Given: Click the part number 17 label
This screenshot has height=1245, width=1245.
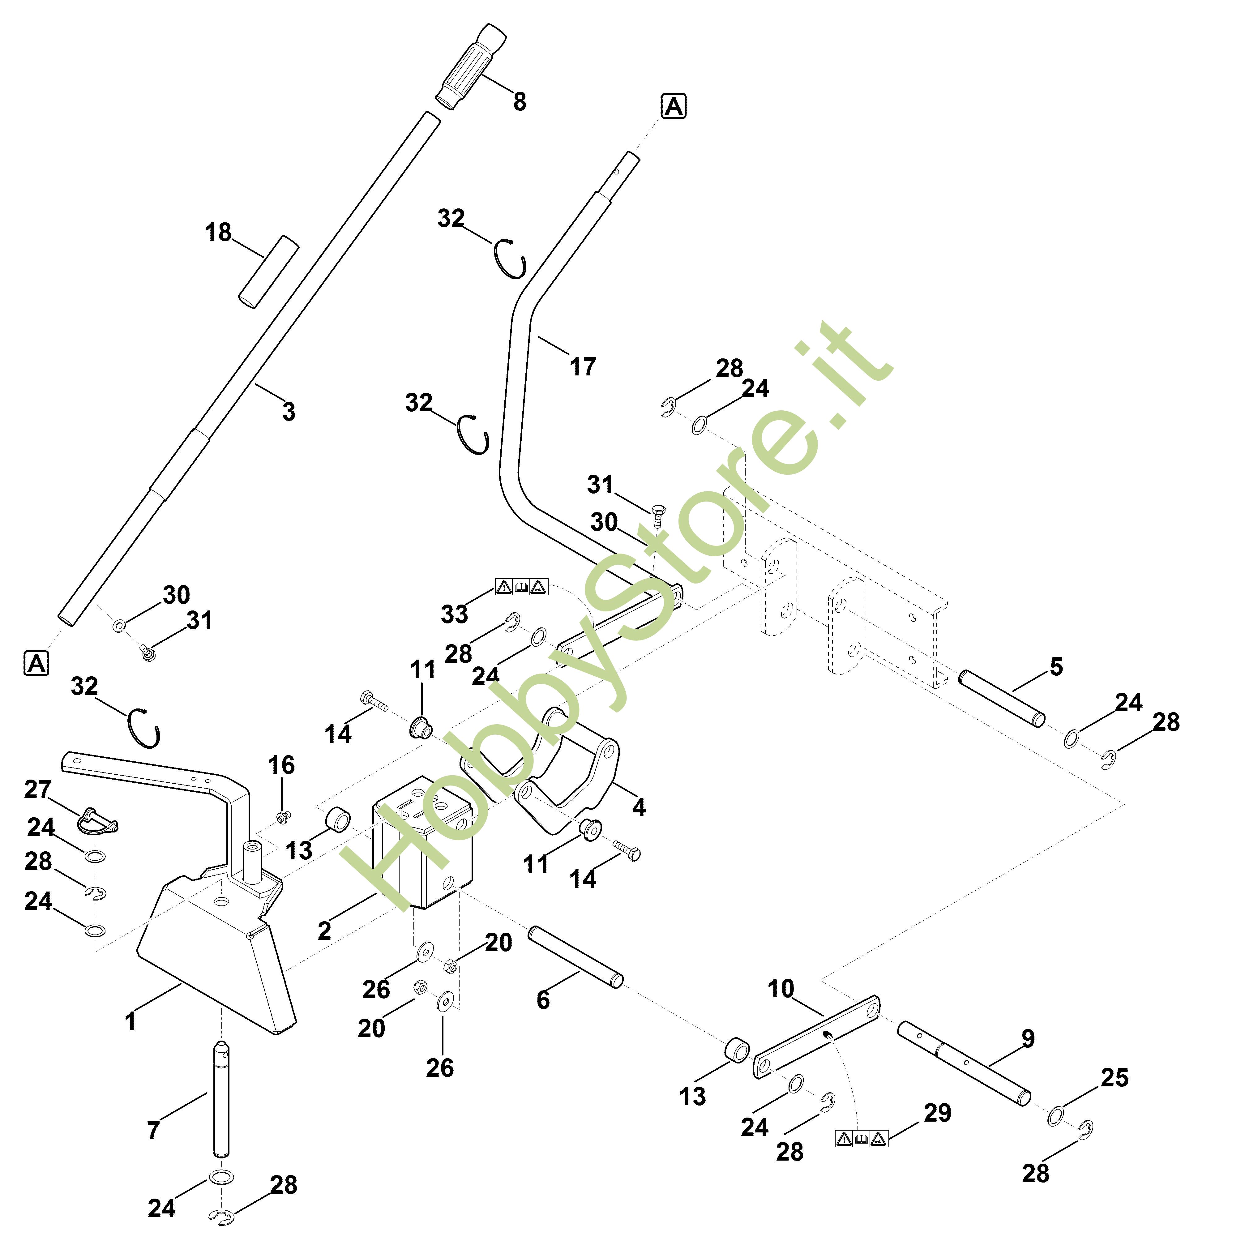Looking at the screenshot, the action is (583, 367).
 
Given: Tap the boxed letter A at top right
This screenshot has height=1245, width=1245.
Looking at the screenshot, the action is (674, 106).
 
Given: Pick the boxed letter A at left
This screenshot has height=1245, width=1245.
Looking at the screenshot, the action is (36, 663).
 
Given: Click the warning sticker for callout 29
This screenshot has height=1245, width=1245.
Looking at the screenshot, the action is (862, 1139).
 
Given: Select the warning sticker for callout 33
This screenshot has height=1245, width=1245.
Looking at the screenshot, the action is (521, 586).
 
